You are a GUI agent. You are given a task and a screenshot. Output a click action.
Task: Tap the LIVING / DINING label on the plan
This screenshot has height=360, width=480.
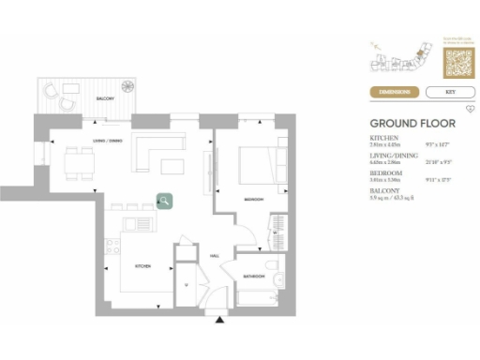point(105,142)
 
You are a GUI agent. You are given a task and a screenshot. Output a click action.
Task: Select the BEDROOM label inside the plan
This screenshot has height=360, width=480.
point(253,200)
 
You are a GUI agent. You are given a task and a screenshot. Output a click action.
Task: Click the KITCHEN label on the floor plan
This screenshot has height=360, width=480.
point(143,266)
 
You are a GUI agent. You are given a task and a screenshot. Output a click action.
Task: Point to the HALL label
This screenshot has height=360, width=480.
point(214,254)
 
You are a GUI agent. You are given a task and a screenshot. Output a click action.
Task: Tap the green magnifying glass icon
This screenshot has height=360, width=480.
point(164,200)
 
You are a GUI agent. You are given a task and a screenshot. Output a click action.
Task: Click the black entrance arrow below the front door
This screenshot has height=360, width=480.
point(220,321)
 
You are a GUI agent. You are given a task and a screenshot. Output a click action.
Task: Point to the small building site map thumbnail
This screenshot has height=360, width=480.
point(404,62)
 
